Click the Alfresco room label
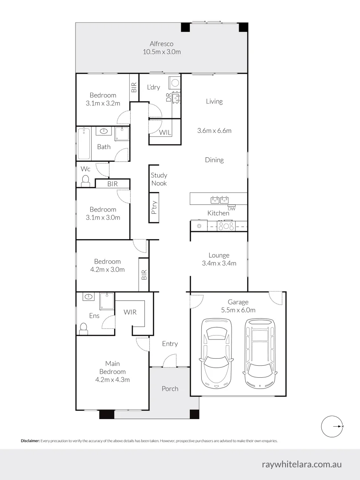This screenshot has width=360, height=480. pyautogui.click(x=161, y=44)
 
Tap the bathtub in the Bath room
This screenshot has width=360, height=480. pyautogui.click(x=84, y=144)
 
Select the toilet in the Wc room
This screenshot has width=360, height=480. pyautogui.click(x=85, y=180)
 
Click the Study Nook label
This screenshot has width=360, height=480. pyautogui.click(x=159, y=179)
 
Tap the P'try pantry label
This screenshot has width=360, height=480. pyautogui.click(x=154, y=208)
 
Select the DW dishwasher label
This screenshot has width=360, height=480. pyautogui.click(x=231, y=208)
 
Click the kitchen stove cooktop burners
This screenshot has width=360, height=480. pyautogui.click(x=226, y=226)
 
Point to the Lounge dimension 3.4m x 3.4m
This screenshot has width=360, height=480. pyautogui.click(x=219, y=263)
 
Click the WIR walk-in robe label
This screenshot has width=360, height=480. pyautogui.click(x=130, y=312)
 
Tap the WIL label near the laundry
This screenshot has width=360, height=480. pyautogui.click(x=165, y=132)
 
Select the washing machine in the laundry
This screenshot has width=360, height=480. pyautogui.click(x=175, y=82)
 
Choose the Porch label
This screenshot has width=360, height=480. pyautogui.click(x=170, y=388)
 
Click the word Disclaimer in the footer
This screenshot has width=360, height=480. pyautogui.click(x=30, y=441)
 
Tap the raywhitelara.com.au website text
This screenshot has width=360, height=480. pyautogui.click(x=302, y=464)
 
